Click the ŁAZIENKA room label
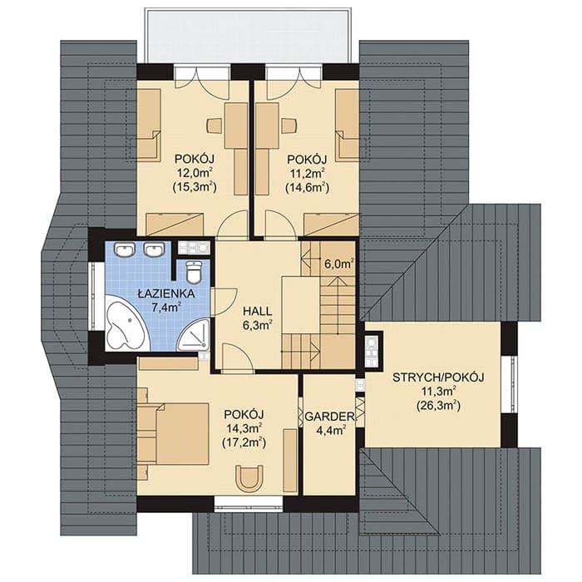pos(166,294)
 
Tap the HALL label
pos(257,311)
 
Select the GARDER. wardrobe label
pos(330,416)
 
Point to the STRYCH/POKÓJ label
pos(438,377)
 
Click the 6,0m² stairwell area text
pos(338,264)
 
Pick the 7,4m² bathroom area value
pos(166,307)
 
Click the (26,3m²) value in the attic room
pos(438,406)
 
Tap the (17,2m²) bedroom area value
pos(244,442)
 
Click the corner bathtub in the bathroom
pos(126,323)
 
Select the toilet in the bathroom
pos(194,271)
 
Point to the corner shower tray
pos(194,336)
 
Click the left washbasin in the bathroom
pos(125,249)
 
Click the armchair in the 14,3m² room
pos(249,479)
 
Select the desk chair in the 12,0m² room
pos(215,126)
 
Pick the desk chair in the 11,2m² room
pos(289,126)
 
